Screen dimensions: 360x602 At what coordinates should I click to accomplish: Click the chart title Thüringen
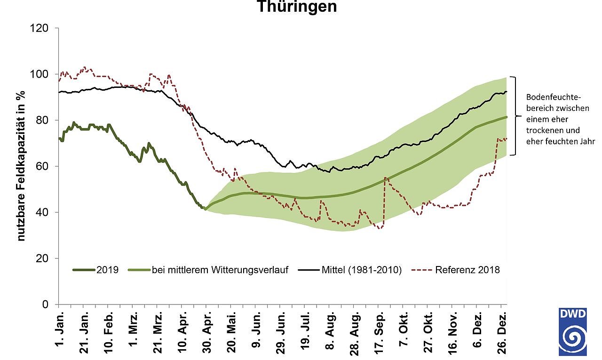296,7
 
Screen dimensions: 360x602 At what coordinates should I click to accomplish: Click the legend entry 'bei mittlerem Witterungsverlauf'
219,270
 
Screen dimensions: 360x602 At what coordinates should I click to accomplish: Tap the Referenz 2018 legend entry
467,270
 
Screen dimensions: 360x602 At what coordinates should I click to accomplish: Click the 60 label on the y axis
43,166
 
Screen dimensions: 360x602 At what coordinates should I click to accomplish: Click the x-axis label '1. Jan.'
59,331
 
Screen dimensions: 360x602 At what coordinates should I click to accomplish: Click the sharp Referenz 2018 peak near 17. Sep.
385,178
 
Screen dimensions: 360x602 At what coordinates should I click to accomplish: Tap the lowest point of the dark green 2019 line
205,209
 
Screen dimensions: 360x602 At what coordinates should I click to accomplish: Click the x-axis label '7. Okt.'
404,331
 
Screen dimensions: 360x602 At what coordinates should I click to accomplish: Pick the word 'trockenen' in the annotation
541,130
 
